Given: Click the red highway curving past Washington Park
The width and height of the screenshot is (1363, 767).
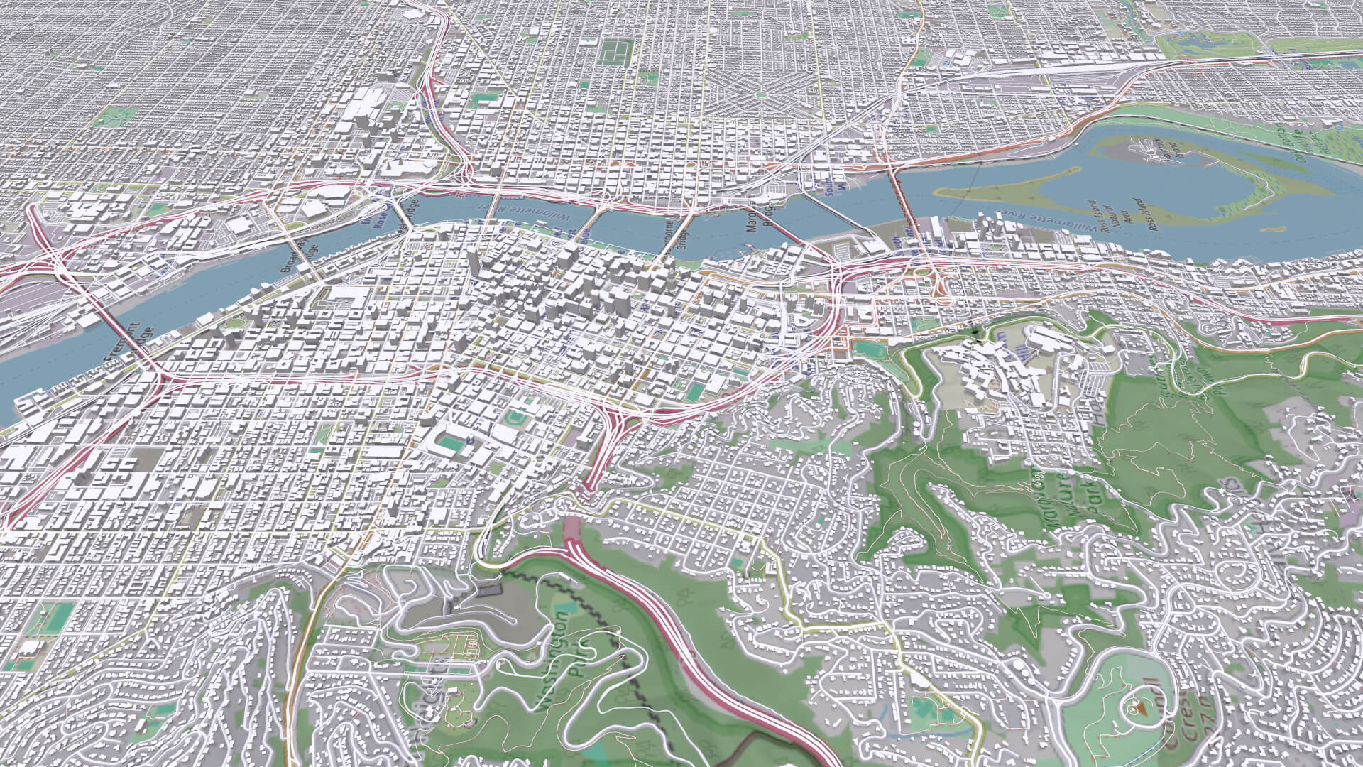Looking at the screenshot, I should click(681, 639).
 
